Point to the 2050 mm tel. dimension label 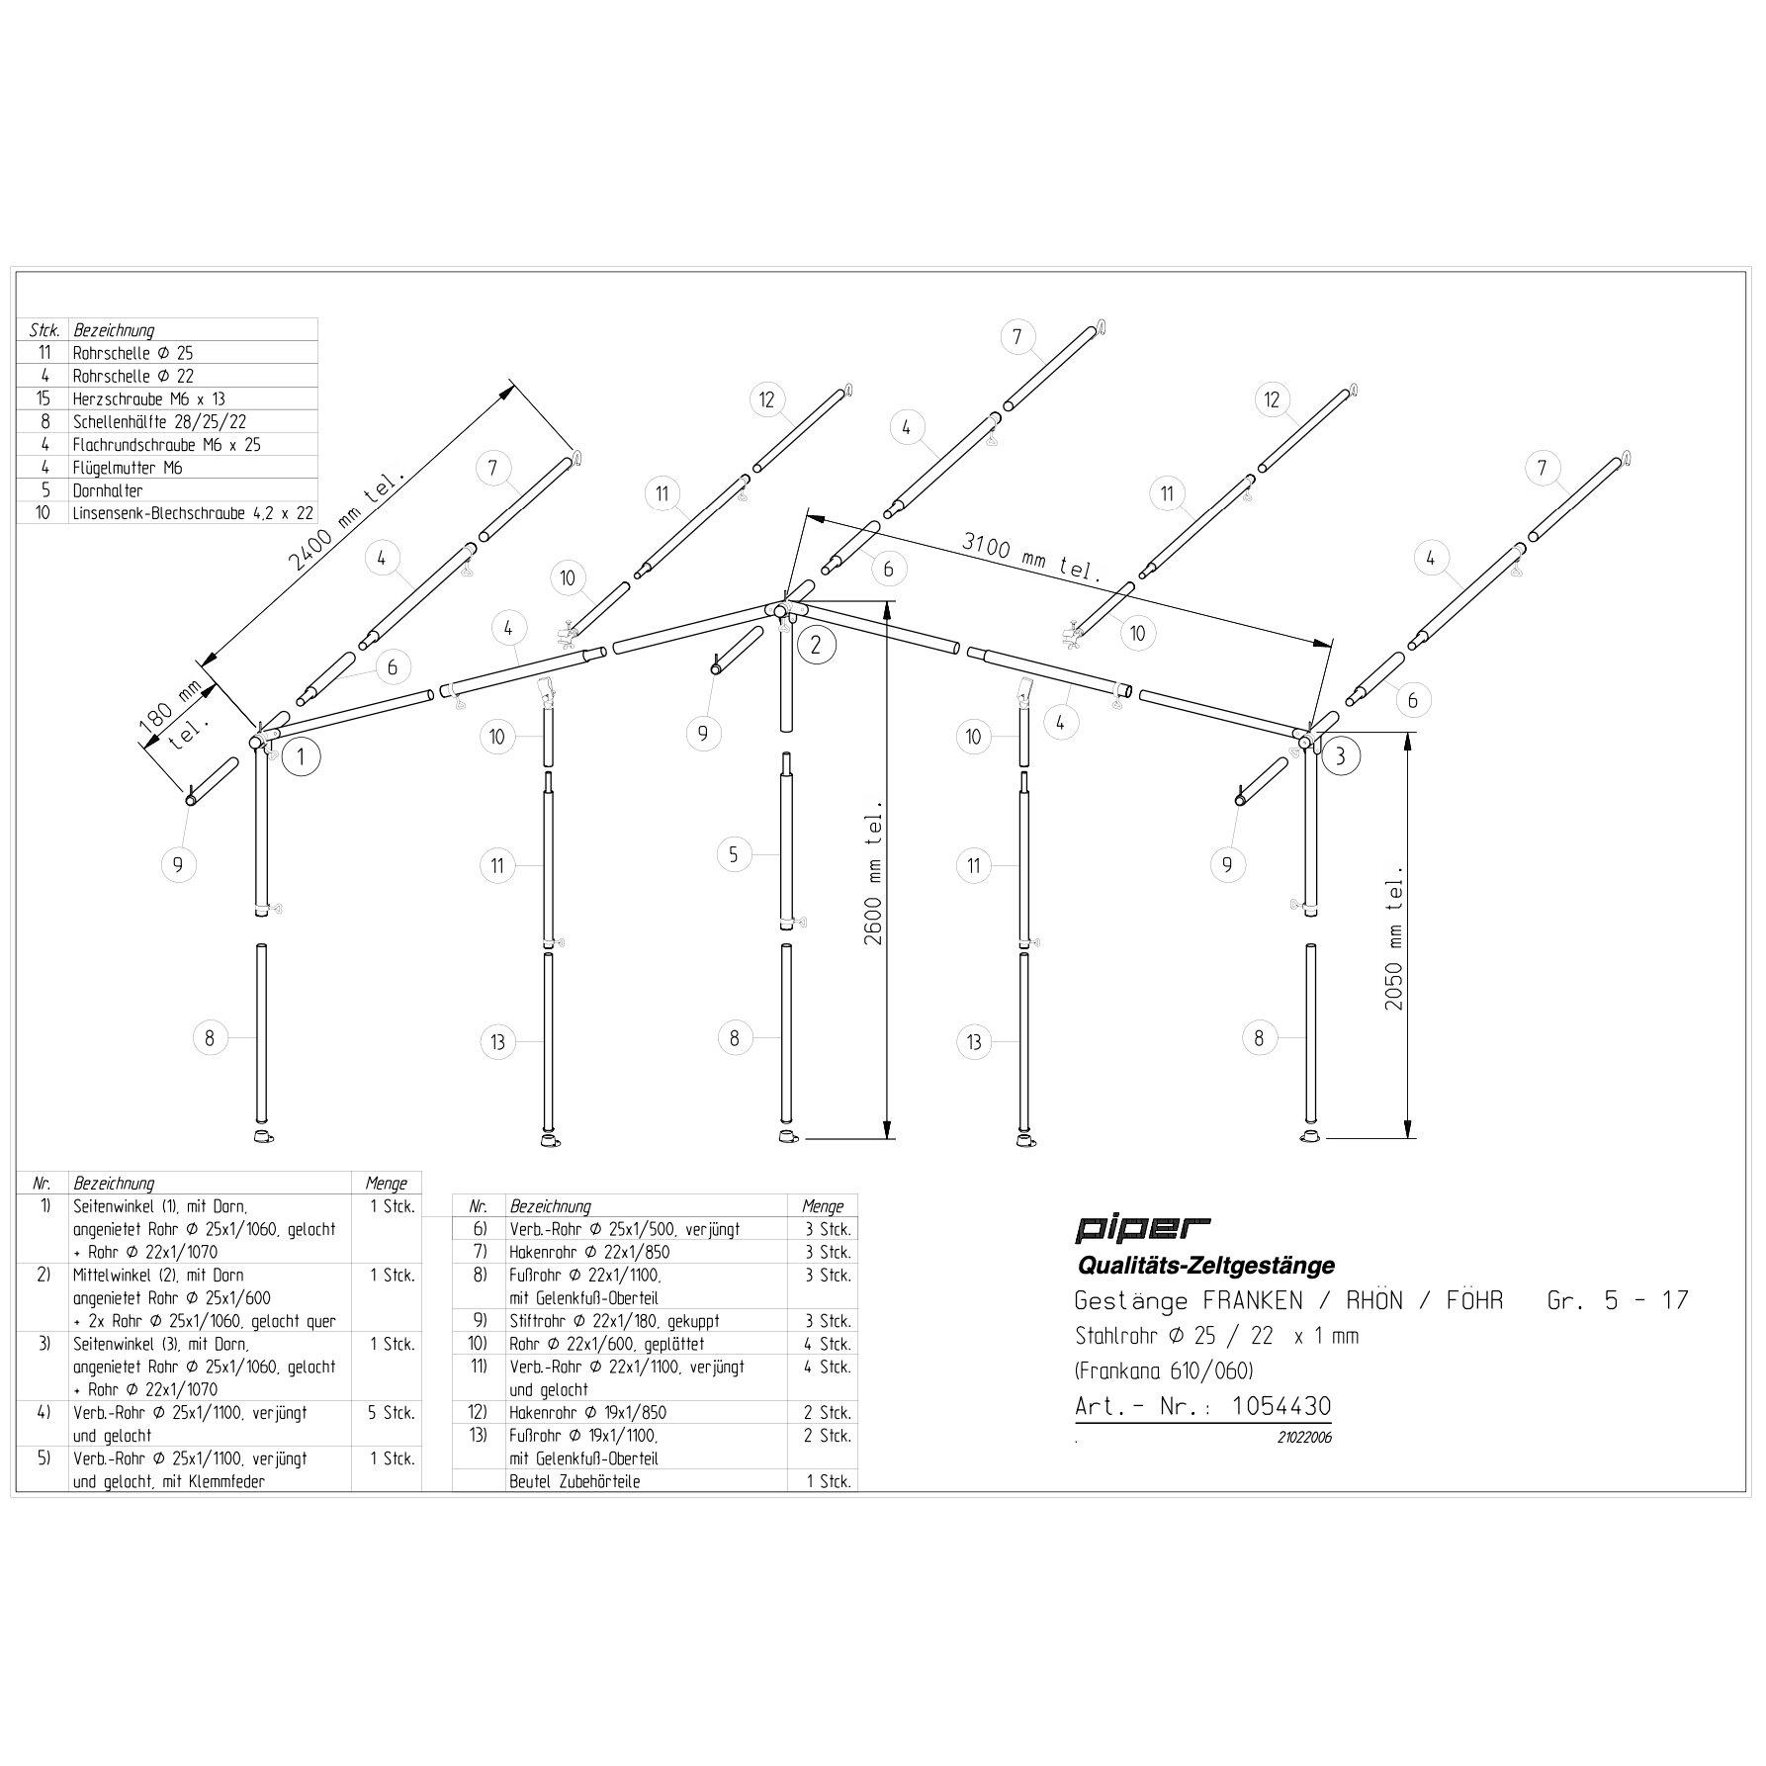[x=1394, y=936]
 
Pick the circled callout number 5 [x=734, y=854]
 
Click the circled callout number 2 [x=816, y=645]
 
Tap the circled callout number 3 [x=1340, y=757]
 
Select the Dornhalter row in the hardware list [x=108, y=490]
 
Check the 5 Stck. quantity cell [x=392, y=1413]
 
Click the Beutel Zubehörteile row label [x=574, y=1482]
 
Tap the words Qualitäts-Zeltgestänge [x=1204, y=1265]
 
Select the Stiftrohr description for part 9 [x=614, y=1321]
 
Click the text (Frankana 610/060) [x=1164, y=1371]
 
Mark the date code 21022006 [x=1304, y=1438]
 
